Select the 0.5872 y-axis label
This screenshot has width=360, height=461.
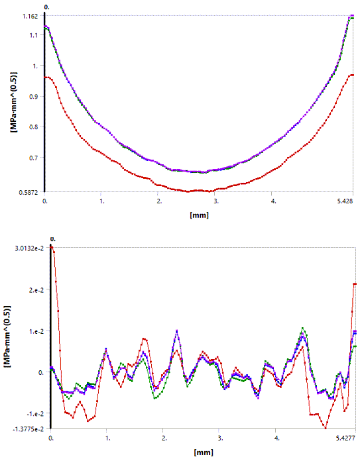coord(27,193)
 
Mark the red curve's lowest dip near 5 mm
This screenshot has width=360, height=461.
coord(326,429)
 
